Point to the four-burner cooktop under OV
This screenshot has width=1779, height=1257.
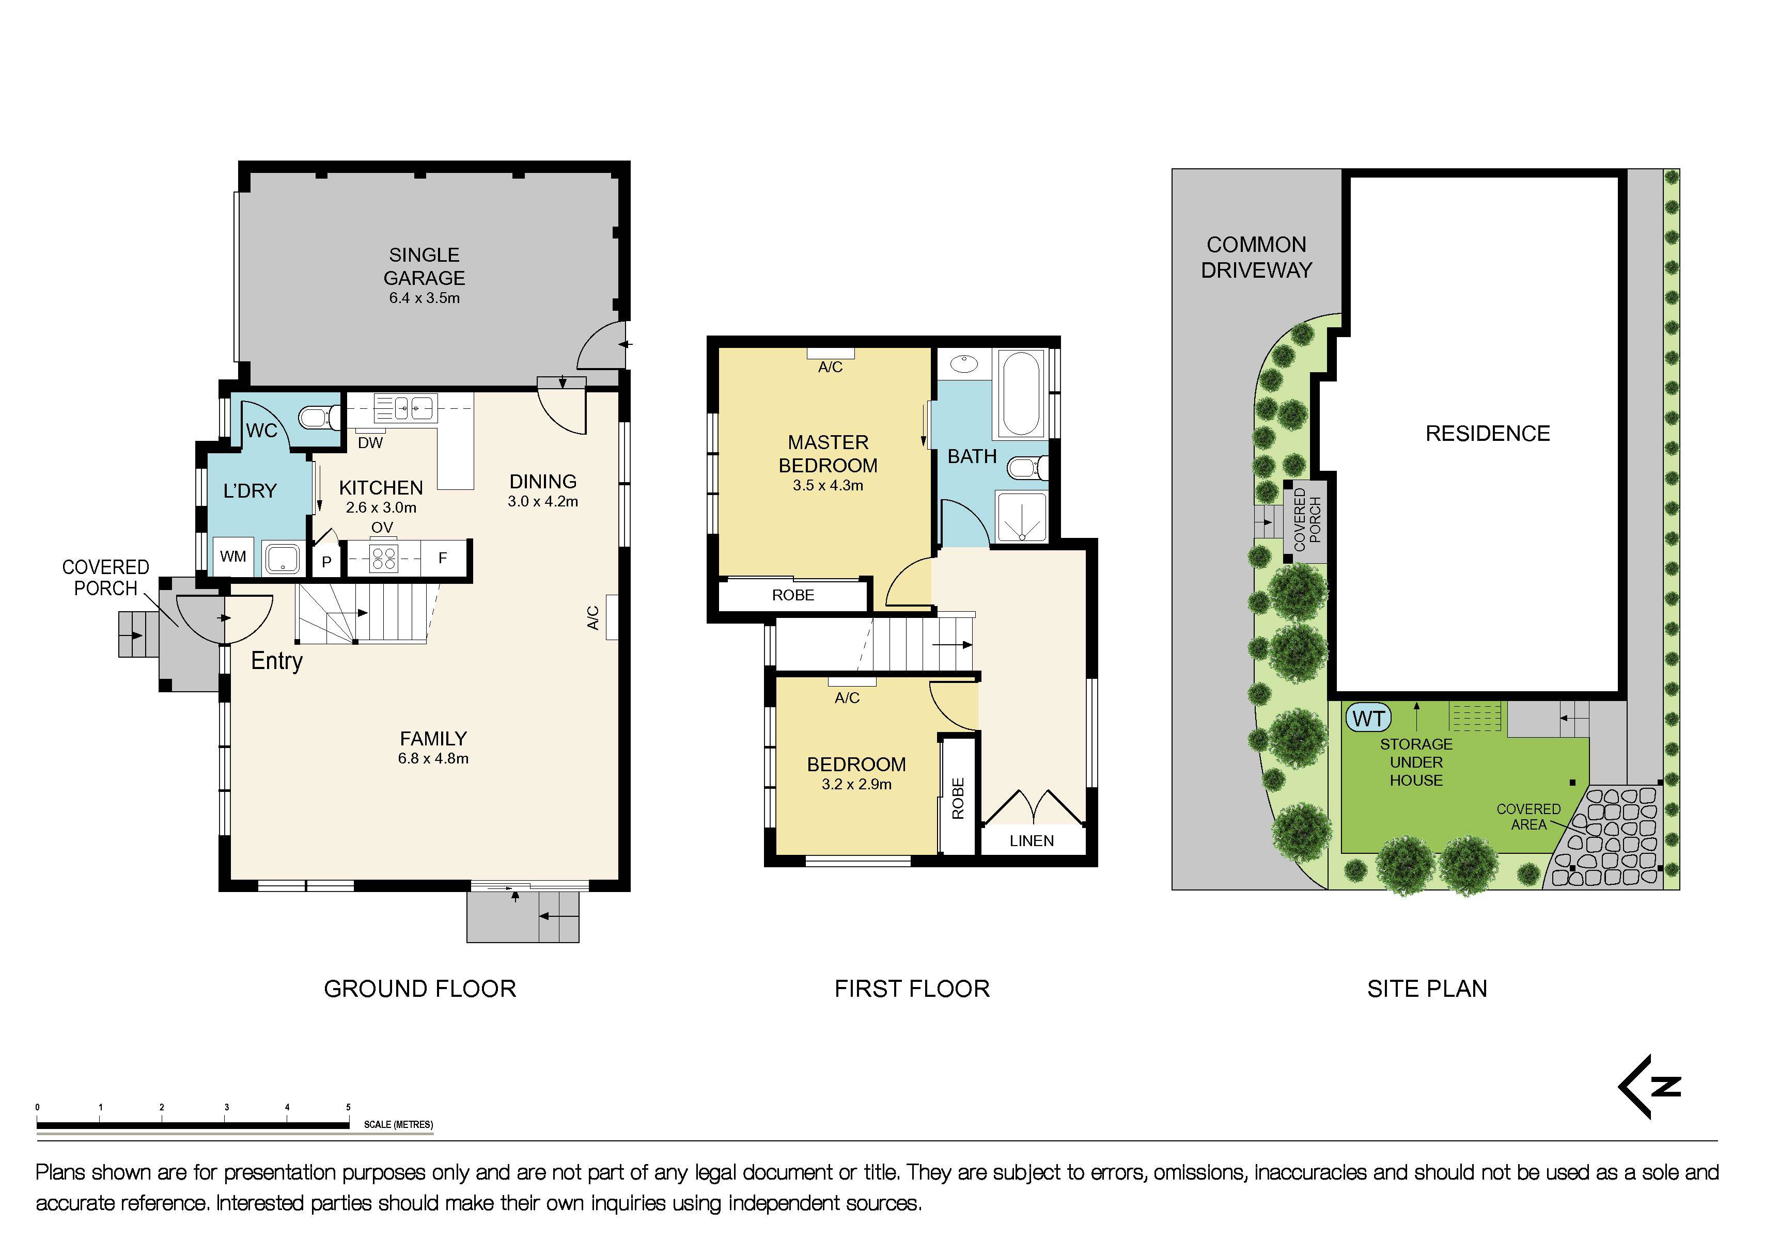click(383, 558)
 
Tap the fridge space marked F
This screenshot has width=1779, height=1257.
click(442, 558)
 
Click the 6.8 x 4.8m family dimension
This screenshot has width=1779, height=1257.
click(433, 759)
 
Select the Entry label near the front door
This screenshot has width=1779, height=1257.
click(277, 661)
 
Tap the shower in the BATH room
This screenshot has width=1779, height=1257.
click(1021, 517)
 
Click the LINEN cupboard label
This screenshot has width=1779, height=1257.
click(1031, 841)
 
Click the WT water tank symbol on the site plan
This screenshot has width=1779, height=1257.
click(1369, 718)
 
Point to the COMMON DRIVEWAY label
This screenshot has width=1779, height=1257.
click(1256, 257)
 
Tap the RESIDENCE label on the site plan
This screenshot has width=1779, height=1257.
click(1488, 434)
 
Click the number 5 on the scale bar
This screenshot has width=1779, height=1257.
click(348, 1107)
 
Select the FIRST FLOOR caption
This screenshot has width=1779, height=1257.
click(912, 989)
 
